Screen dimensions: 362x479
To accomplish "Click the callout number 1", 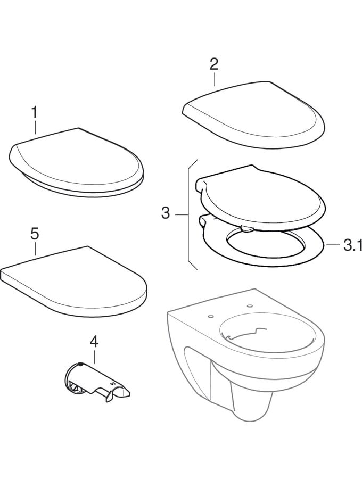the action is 35,112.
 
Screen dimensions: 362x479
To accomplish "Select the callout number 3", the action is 165,212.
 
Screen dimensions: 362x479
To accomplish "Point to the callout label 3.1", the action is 352,245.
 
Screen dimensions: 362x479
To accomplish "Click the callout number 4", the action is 94,342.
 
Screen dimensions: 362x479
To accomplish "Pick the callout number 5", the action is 35,234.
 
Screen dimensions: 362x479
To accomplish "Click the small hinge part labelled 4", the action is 96,380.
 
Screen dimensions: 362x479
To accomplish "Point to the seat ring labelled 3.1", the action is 263,247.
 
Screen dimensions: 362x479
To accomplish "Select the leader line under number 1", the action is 35,128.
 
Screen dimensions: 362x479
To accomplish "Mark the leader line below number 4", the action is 94,357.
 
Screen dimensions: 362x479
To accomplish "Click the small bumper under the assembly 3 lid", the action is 247,228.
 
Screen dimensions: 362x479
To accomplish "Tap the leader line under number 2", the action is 215,79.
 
